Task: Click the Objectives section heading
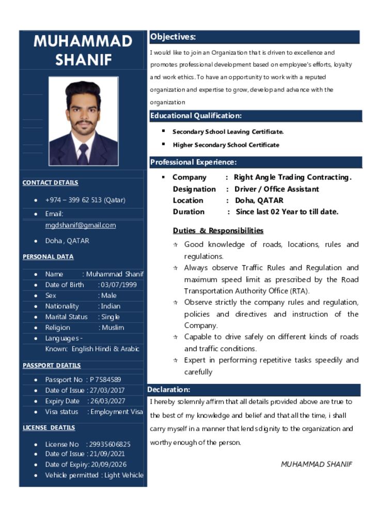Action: (173, 37)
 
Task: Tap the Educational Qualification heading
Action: (196, 116)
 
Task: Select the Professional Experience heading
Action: (193, 162)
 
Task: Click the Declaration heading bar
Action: (169, 390)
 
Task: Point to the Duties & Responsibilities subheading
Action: (218, 230)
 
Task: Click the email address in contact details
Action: (80, 225)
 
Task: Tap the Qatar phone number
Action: (85, 200)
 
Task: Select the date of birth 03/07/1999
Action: (119, 285)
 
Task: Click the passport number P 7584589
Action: (106, 380)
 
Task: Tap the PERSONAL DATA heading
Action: (48, 257)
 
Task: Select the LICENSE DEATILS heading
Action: (49, 428)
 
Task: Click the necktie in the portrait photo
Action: (83, 153)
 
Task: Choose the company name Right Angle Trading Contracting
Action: (292, 177)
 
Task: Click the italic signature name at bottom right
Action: (316, 464)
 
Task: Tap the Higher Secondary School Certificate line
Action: (226, 145)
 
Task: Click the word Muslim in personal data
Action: (113, 328)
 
